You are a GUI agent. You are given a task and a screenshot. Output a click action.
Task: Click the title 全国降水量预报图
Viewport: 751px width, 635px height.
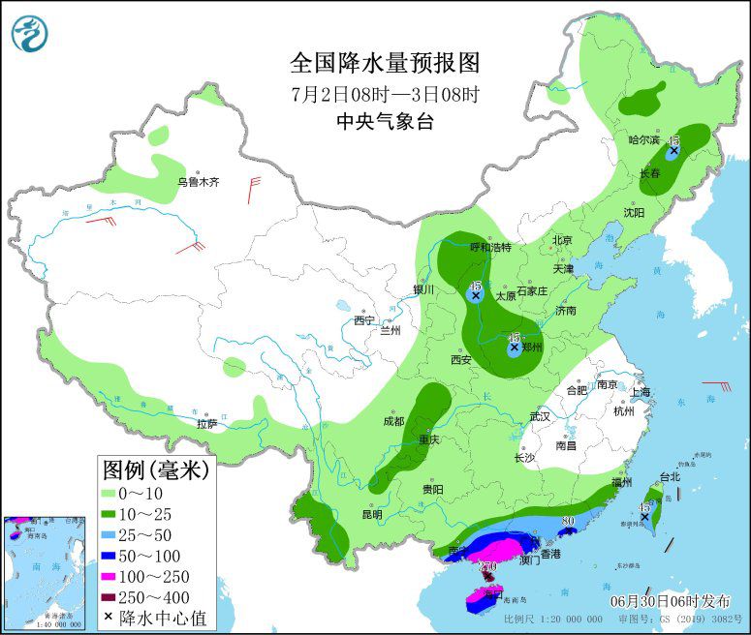click(386, 63)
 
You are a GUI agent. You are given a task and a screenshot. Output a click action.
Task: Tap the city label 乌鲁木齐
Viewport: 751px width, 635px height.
click(198, 181)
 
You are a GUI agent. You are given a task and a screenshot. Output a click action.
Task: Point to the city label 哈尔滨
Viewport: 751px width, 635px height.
click(643, 140)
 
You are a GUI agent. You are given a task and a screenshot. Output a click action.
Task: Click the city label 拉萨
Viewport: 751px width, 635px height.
click(207, 423)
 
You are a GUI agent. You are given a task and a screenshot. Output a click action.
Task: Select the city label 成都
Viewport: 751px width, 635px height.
click(392, 421)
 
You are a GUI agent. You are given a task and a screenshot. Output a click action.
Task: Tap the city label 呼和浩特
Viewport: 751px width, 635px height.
click(489, 247)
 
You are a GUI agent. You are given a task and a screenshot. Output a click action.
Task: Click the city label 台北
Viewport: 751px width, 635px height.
click(670, 476)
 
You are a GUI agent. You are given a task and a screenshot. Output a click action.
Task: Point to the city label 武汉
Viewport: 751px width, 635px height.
click(539, 416)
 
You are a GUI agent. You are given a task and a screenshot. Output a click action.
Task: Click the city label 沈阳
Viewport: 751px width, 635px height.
click(634, 211)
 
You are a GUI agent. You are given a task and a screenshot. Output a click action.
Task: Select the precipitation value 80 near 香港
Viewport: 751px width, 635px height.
click(569, 521)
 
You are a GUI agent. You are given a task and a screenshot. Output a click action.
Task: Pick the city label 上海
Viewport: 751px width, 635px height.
click(640, 392)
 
